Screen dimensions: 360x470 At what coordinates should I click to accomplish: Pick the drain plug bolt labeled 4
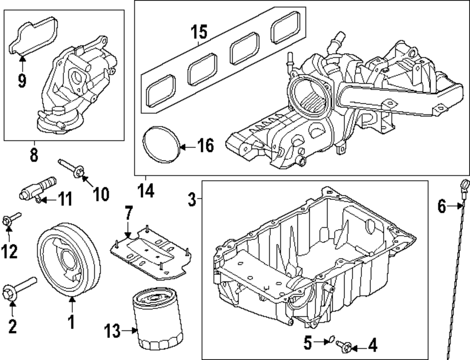tap(345, 347)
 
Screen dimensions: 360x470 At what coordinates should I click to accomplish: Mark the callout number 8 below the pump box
tap(34, 155)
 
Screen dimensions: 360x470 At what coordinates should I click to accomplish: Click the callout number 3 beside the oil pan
tap(192, 200)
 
